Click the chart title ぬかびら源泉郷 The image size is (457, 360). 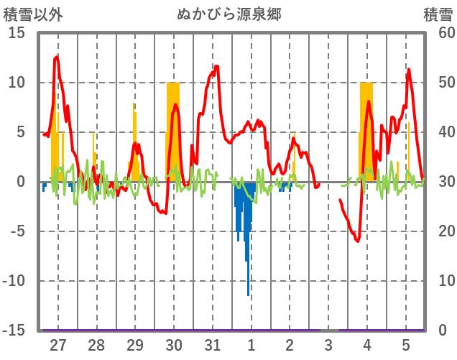(228, 14)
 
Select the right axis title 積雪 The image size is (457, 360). (438, 14)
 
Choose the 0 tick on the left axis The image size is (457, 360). (21, 182)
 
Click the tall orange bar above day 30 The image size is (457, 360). (173, 129)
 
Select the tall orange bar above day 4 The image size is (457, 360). (366, 129)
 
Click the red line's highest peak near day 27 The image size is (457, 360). (57, 56)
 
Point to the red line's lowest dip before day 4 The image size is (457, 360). (358, 241)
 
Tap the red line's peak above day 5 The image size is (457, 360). (409, 70)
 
